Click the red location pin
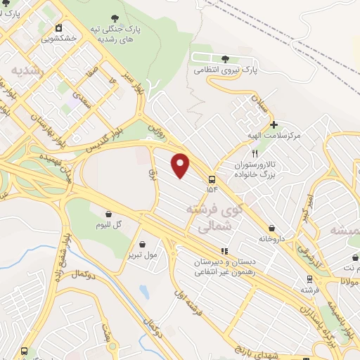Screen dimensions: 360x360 181,165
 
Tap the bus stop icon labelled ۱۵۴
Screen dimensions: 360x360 212,177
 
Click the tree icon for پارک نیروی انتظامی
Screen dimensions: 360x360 225,59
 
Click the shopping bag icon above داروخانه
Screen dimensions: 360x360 271,228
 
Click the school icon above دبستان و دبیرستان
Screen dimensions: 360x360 224,250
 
